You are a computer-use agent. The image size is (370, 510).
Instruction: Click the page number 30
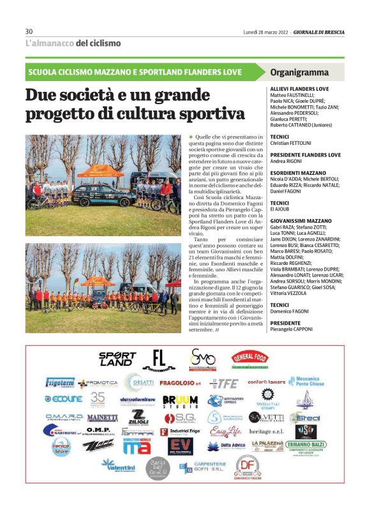(29, 32)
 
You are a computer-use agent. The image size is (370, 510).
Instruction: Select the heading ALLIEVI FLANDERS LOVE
(300, 88)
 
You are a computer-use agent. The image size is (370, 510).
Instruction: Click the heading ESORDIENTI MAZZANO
(297, 173)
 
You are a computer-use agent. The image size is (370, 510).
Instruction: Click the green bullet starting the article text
(190, 137)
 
